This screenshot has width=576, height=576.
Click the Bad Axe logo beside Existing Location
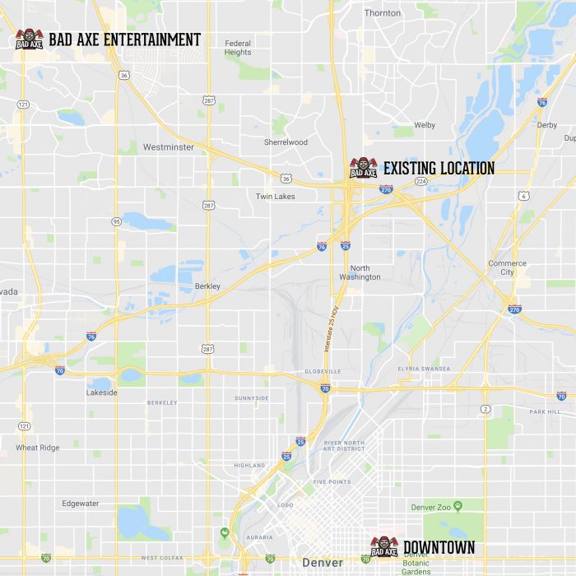pyautogui.click(x=363, y=168)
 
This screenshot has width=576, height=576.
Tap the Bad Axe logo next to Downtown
pyautogui.click(x=383, y=546)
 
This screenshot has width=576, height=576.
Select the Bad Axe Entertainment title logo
pyautogui.click(x=29, y=39)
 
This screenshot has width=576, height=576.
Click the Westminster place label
pyautogui.click(x=169, y=147)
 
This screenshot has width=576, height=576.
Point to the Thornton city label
pyautogui.click(x=383, y=13)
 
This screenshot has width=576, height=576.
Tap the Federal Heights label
pyautogui.click(x=238, y=48)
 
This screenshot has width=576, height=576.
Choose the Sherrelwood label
pyautogui.click(x=286, y=142)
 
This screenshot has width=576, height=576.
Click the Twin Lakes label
pyautogui.click(x=275, y=197)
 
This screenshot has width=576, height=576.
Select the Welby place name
pyautogui.click(x=425, y=125)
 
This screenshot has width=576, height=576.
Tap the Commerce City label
pyautogui.click(x=507, y=268)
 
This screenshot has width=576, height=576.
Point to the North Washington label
pyautogui.click(x=360, y=272)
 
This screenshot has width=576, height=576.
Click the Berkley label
pyautogui.click(x=207, y=286)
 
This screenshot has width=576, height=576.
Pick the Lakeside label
pyautogui.click(x=102, y=393)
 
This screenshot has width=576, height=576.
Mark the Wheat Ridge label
pyautogui.click(x=37, y=448)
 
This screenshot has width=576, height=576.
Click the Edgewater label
pyautogui.click(x=80, y=503)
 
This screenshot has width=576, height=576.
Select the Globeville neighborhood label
pyautogui.click(x=323, y=372)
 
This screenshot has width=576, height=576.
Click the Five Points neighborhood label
pyautogui.click(x=332, y=482)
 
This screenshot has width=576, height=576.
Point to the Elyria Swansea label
pyautogui.click(x=424, y=369)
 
